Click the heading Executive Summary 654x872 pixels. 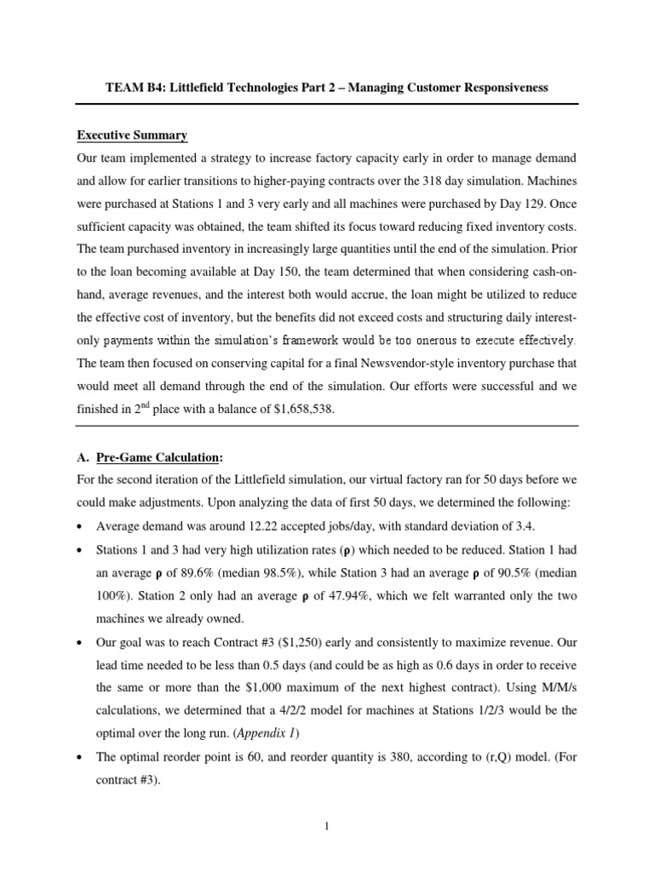132,135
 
